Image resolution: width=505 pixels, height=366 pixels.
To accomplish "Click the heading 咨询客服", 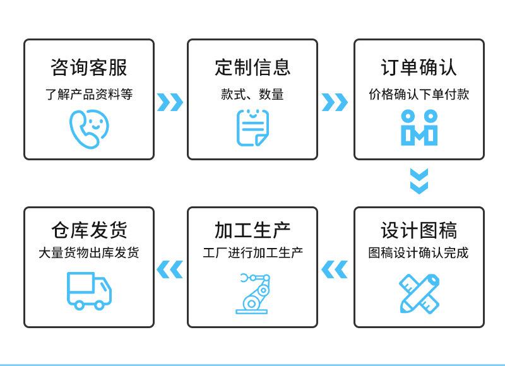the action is coord(88,68).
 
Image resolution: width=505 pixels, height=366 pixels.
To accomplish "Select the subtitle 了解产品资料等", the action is coord(88,95).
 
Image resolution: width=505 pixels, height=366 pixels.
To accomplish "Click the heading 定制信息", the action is coord(252,68).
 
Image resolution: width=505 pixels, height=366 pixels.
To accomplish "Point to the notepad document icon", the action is coord(252,127).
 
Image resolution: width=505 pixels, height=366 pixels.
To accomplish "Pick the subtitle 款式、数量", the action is coord(252,95).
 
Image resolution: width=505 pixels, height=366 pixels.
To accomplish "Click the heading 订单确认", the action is coord(419,68).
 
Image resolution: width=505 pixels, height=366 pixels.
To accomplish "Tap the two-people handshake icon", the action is coord(419,127).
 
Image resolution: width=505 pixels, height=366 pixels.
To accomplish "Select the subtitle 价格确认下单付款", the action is coord(419,95).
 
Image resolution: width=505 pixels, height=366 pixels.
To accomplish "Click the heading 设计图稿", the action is coord(419,231).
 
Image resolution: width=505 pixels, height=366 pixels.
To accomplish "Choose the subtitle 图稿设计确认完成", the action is coord(419,254).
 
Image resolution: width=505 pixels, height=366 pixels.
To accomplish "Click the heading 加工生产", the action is coord(252,231).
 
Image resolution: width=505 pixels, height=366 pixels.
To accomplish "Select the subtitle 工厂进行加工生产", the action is coord(252,254).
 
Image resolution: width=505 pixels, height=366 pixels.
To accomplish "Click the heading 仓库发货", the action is coord(88,231).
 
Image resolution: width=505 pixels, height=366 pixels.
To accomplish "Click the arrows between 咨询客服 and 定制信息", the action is coord(170,102).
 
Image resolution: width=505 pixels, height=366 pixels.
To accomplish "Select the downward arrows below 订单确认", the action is coord(419,181).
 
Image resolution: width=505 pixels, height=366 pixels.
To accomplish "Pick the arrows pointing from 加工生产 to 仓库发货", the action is coord(170,269).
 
